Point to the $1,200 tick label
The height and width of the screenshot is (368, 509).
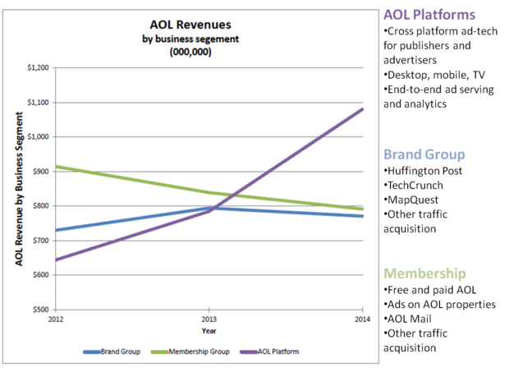click(36, 68)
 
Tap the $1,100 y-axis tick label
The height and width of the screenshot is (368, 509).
click(36, 103)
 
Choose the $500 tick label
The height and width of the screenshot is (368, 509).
click(39, 310)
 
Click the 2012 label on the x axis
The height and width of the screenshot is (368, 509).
click(56, 318)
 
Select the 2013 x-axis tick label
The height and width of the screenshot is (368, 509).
click(209, 318)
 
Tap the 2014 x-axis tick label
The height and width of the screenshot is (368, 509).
click(362, 318)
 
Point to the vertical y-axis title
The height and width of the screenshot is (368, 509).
click(18, 189)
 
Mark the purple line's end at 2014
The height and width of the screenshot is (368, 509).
click(362, 109)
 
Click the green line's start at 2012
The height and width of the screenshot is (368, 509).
click(56, 167)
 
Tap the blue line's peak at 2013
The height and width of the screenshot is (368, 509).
click(209, 208)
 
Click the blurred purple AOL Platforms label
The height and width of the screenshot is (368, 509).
click(430, 15)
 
